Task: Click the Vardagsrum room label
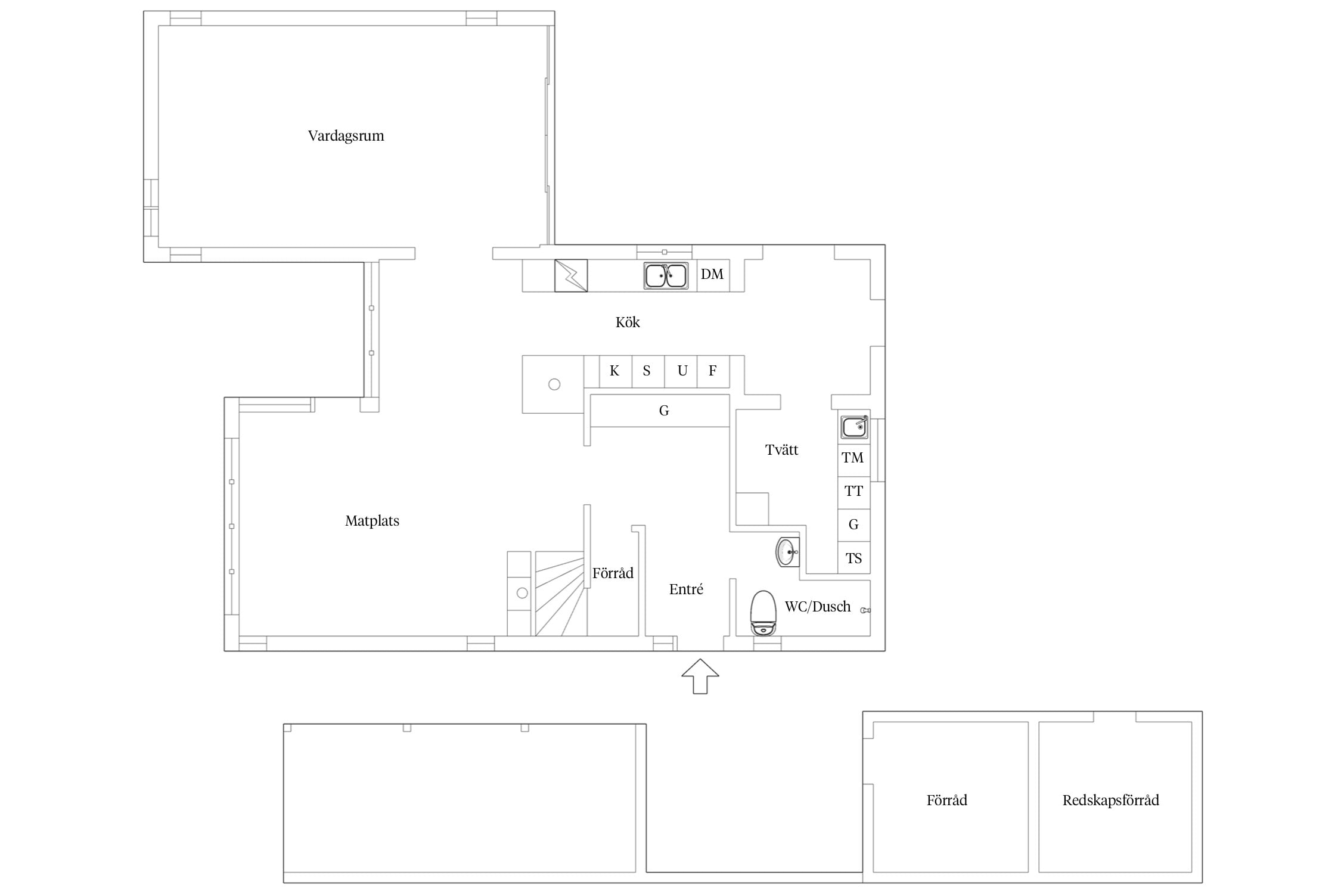pos(346,136)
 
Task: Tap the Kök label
pos(628,322)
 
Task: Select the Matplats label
pos(372,521)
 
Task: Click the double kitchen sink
pos(666,276)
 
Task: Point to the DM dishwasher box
pos(713,275)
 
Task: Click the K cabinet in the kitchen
pos(615,371)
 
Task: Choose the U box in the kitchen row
pos(681,371)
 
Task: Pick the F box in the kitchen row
pos(713,371)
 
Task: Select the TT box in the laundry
pos(853,492)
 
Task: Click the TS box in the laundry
pos(853,558)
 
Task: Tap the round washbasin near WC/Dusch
pos(786,552)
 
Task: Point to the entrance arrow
pos(700,676)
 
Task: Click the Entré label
pos(686,589)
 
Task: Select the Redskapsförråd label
pos(1110,800)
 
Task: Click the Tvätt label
pos(781,450)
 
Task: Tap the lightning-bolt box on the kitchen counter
pos(571,275)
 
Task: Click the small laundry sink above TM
pos(854,427)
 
